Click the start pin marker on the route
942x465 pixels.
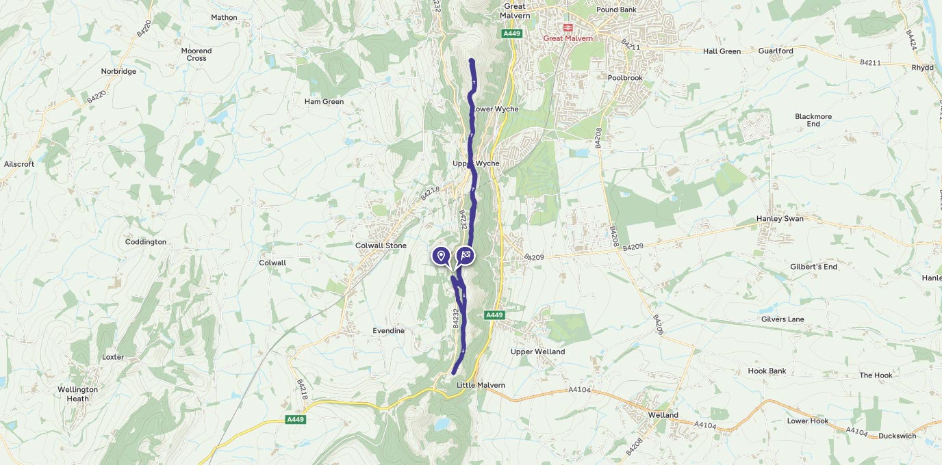pos(441,256)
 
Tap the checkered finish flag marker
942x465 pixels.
pos(466,256)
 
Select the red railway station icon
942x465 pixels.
pos(568,27)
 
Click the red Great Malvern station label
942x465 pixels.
pos(568,38)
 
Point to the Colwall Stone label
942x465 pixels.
pos(381,245)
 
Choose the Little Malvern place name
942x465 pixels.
pos(481,385)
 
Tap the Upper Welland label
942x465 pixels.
pos(537,351)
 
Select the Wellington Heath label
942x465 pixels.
pos(77,394)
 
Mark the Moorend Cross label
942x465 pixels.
pos(196,55)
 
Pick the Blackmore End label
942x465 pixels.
pos(813,120)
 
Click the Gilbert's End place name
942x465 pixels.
pos(813,267)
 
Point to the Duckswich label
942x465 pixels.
pos(897,436)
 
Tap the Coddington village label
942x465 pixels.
pos(146,242)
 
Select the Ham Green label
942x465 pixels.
pos(324,101)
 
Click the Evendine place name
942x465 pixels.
pos(388,331)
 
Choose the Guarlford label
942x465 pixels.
pos(776,51)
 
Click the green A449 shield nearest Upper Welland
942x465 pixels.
pos(494,315)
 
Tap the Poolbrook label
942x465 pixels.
pos(625,78)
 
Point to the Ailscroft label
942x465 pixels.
pos(19,164)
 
